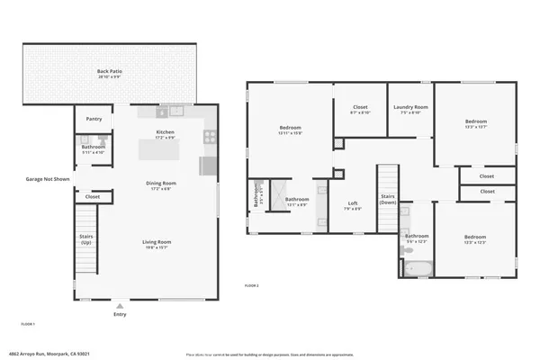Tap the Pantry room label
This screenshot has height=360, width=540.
(94, 119)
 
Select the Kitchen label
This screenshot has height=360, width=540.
(165, 134)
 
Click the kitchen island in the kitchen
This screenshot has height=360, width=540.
(165, 148)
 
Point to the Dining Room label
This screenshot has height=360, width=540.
(161, 184)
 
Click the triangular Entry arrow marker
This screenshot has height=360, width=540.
(120, 306)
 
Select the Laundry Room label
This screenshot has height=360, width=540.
(410, 109)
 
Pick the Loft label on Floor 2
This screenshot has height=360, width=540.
(353, 204)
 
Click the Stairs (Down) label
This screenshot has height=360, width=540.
(388, 199)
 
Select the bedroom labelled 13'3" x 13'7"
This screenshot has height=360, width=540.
(476, 123)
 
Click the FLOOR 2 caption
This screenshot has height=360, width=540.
(253, 284)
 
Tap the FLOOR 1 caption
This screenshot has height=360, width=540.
(29, 322)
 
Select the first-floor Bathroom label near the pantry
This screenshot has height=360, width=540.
(94, 148)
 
